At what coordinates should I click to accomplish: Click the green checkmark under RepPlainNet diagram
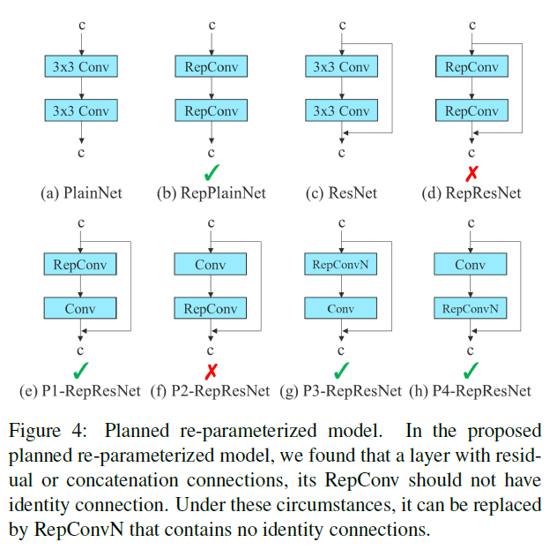[212, 171]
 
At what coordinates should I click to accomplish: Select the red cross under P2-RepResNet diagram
[212, 369]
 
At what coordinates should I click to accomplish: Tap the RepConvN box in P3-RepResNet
[341, 264]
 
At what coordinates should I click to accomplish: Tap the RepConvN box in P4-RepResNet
[472, 309]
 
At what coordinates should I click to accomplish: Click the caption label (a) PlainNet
[81, 192]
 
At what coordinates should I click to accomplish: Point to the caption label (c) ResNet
[342, 192]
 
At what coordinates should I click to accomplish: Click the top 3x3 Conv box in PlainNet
[81, 66]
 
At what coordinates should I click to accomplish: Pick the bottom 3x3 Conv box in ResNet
[341, 111]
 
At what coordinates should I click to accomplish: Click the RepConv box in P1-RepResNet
[81, 264]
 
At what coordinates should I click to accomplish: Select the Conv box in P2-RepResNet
[212, 264]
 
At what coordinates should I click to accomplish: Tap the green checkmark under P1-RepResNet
[81, 369]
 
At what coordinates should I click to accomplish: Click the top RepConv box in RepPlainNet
[212, 66]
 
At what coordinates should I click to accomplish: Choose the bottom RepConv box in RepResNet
[472, 111]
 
